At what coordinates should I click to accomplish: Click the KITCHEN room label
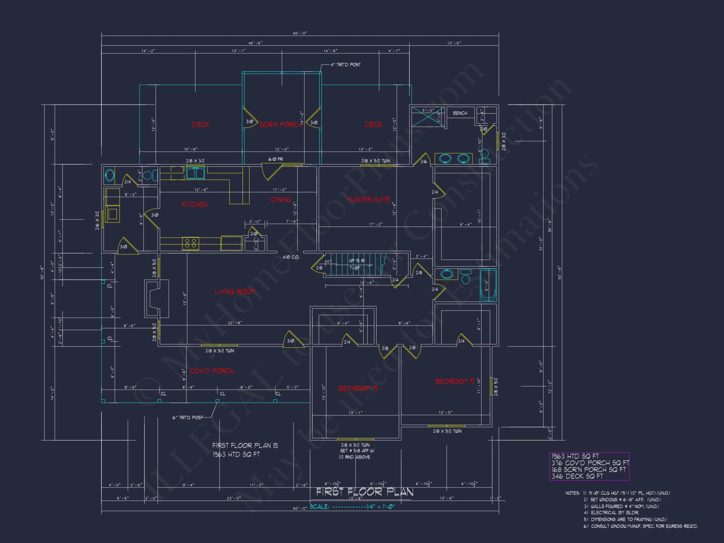194,205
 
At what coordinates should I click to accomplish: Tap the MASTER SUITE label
368,200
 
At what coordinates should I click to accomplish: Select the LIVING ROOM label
235,291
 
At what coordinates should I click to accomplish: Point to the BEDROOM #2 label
454,382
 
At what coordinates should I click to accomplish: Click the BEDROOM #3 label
358,388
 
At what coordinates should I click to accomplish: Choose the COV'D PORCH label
212,371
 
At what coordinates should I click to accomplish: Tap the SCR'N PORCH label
281,125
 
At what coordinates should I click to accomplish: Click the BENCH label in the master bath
460,113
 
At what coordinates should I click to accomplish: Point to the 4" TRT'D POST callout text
345,65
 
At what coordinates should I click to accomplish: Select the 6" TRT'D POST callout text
188,417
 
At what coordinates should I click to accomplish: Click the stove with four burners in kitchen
190,243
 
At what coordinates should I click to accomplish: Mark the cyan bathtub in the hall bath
488,285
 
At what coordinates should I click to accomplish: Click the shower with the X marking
428,117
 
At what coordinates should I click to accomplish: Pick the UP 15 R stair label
356,261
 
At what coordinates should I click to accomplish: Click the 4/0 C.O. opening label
291,257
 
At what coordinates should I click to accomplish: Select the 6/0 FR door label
275,159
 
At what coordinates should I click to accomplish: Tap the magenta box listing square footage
589,466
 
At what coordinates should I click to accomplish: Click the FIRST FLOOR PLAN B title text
245,446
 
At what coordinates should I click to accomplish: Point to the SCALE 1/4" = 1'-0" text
352,506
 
